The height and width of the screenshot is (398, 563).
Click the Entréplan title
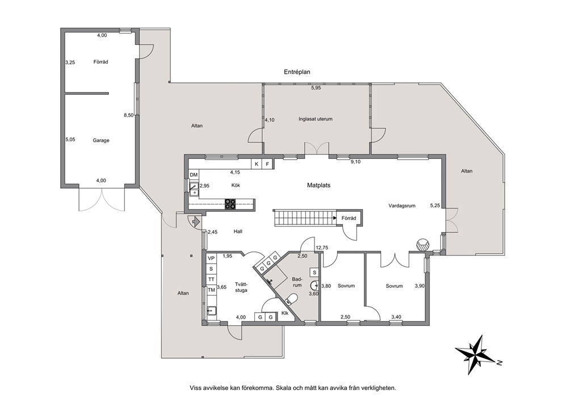pos(297,72)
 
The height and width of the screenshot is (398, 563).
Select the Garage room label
pos(101,140)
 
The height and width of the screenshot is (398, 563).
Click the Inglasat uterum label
pos(315,119)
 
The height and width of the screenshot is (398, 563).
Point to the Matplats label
pos(318,185)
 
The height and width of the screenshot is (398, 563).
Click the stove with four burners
pos(230,204)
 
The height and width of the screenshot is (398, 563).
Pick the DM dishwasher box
pos(194,175)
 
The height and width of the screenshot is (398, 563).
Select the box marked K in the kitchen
pos(257,164)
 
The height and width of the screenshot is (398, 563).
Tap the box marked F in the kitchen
pos(267,164)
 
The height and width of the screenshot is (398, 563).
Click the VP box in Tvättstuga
pos(211,258)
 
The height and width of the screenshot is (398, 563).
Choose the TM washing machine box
pos(211,290)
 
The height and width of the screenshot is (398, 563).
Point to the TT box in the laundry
pos(211,279)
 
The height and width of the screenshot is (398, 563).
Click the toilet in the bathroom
pos(291,299)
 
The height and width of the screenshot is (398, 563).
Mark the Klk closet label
pos(285,313)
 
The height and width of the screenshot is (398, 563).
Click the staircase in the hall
pos(304,217)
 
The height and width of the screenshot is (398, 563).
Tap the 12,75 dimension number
pos(322,248)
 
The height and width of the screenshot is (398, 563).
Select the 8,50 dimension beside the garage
pos(128,115)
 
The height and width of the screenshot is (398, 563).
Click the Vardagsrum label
pos(402,206)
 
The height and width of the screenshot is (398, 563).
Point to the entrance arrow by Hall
pos(196,221)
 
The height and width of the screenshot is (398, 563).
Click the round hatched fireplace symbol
pos(423,245)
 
